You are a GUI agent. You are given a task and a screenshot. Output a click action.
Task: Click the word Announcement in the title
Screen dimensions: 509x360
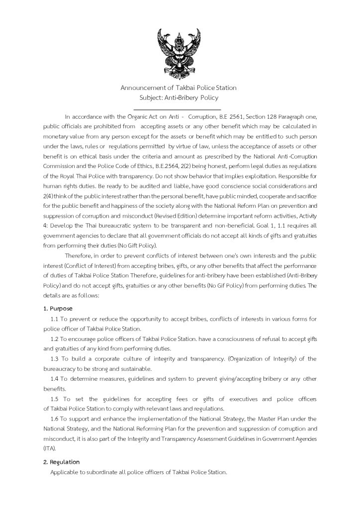coord(143,88)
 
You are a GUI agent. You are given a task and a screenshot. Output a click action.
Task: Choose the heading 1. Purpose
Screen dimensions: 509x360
coord(58,309)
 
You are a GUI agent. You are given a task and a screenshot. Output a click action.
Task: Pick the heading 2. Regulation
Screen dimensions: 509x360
coord(61,462)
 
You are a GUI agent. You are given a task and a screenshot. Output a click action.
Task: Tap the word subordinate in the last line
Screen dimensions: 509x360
coord(99,472)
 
